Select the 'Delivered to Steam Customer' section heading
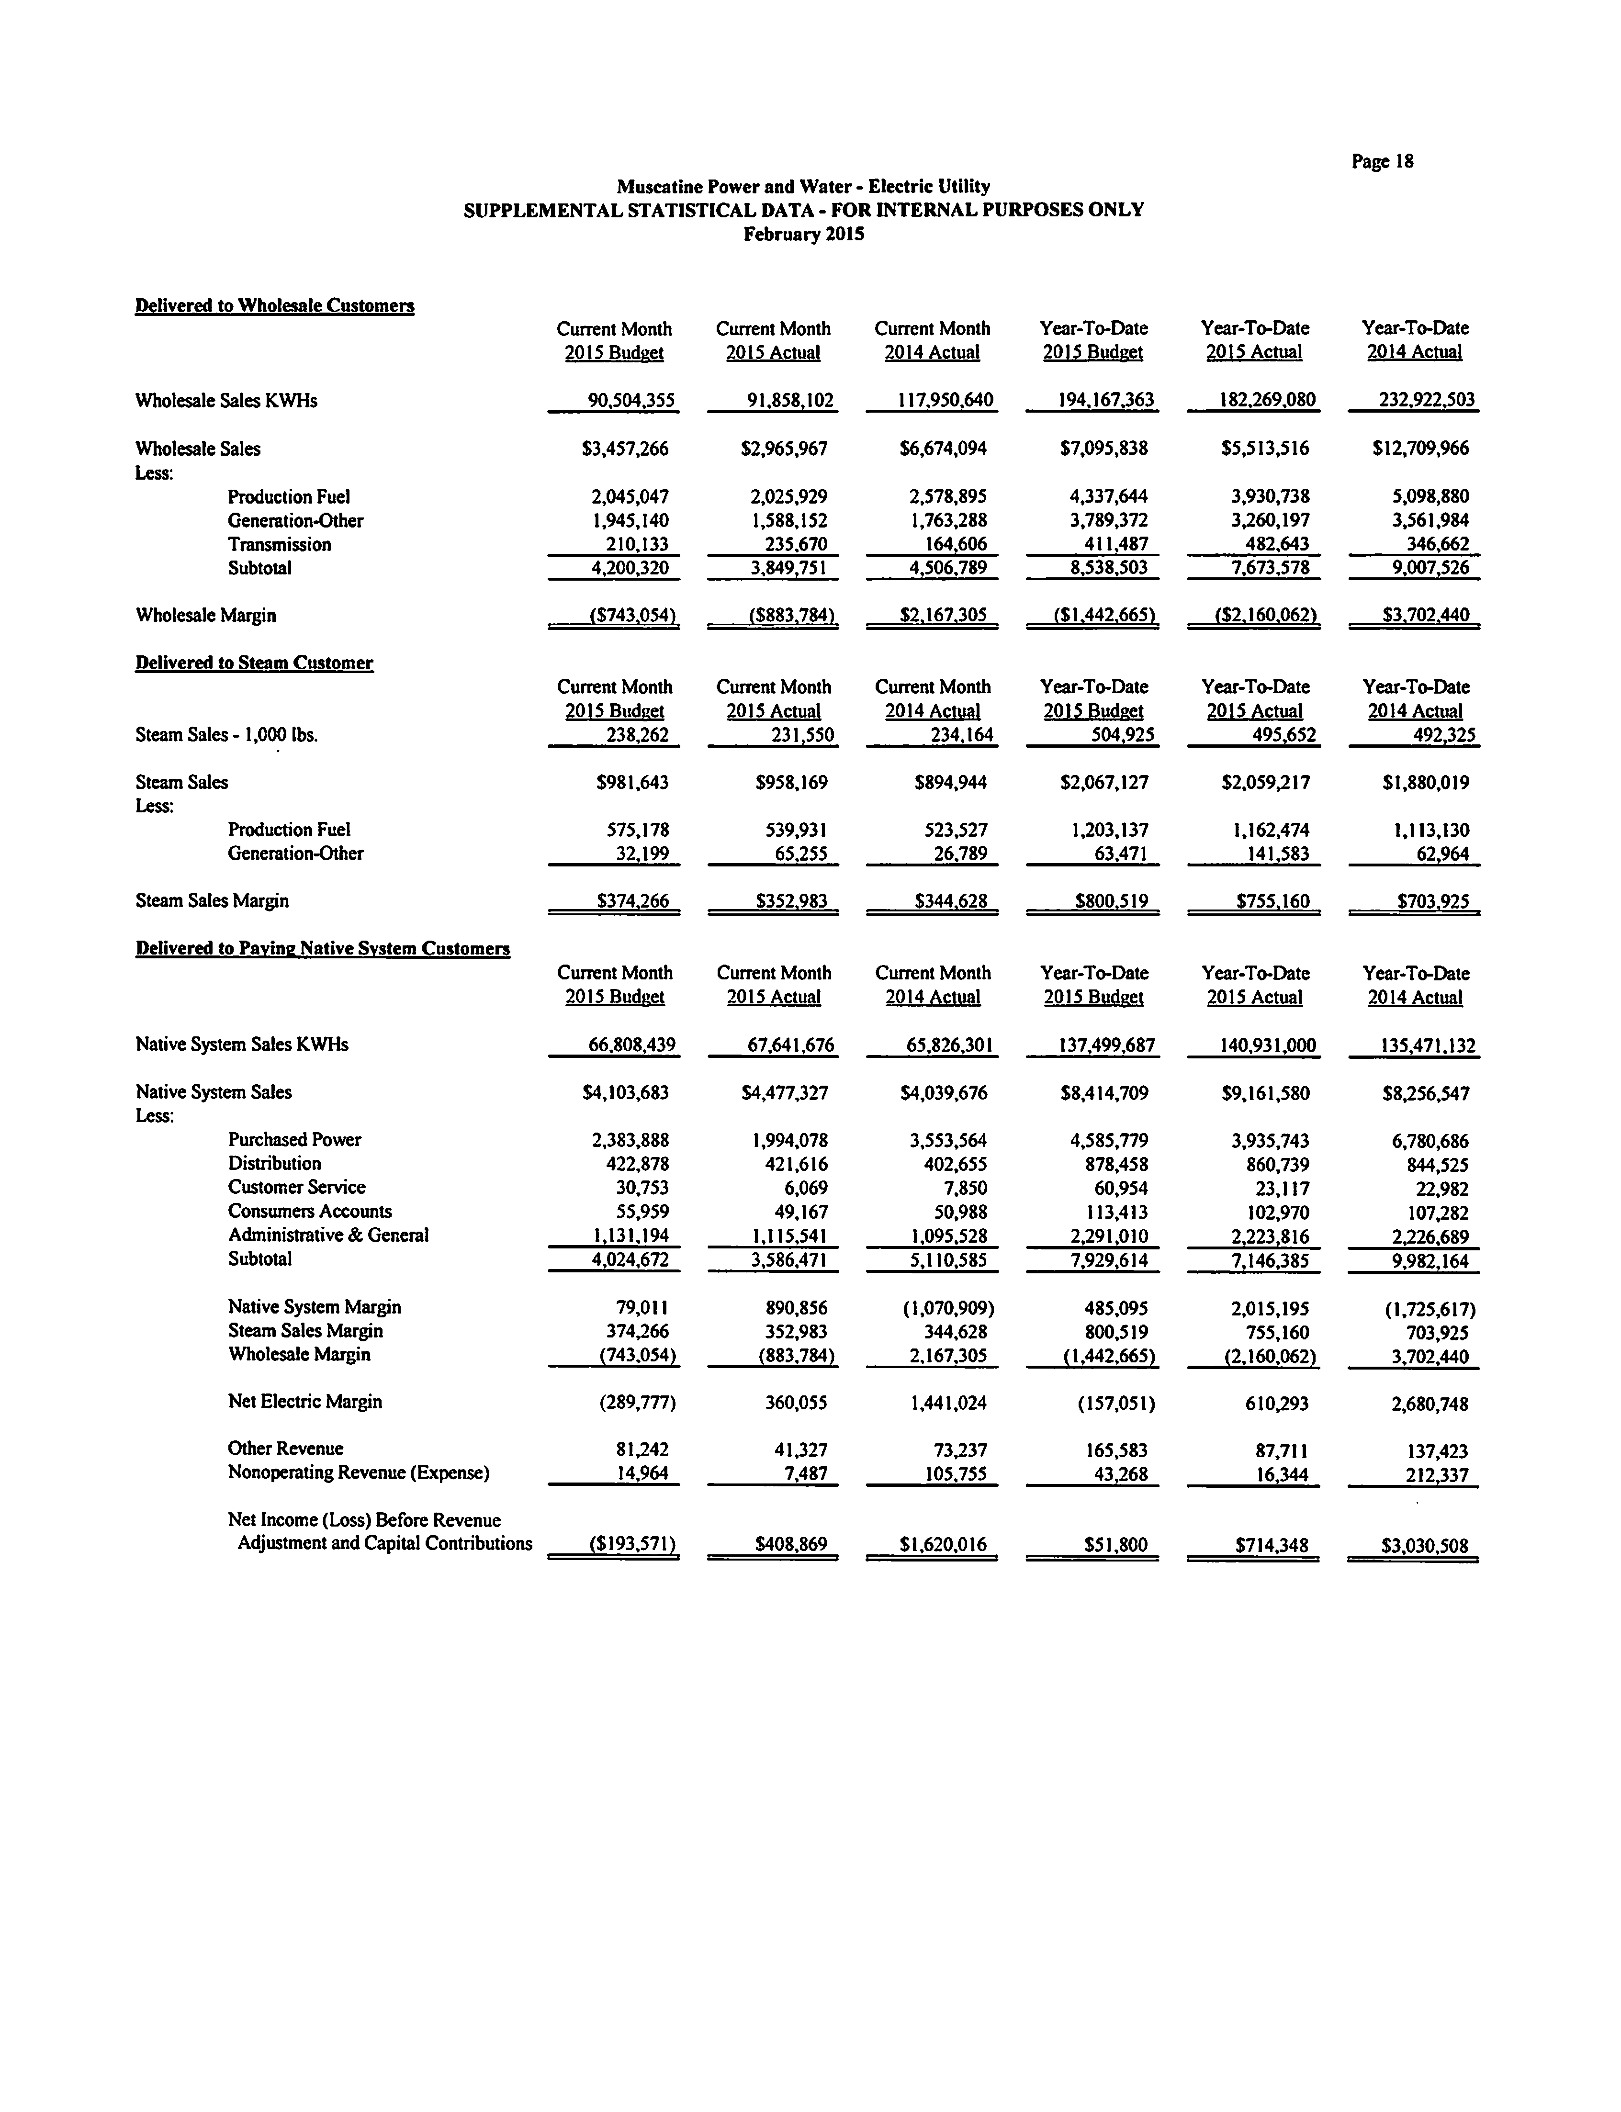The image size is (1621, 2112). point(254,663)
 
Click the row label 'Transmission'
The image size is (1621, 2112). point(279,544)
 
